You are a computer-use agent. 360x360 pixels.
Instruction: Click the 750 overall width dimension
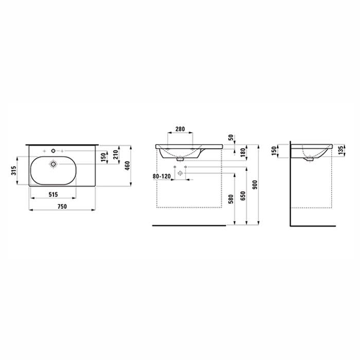pos(62,206)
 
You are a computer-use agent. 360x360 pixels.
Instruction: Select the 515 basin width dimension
pos(53,194)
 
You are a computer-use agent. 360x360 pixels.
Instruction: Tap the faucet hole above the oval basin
pos(53,151)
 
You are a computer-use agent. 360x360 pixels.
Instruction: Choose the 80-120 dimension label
pos(161,176)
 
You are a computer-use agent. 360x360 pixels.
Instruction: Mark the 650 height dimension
pos(242,196)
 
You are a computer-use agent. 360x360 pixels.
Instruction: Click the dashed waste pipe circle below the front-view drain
pos(180,173)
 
